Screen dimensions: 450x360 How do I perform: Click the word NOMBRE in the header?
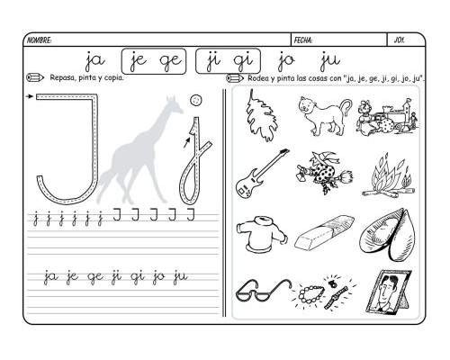(x=39, y=40)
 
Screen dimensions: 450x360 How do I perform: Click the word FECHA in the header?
(x=303, y=40)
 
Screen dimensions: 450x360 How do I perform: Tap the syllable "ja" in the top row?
(x=94, y=61)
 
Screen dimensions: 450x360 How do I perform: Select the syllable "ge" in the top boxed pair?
(x=170, y=61)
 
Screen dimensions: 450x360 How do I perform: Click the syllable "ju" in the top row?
(x=330, y=61)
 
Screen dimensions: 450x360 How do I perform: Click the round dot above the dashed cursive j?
(x=196, y=100)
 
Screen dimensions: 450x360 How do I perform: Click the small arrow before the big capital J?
(x=30, y=96)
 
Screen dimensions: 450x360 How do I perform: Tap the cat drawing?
(x=323, y=115)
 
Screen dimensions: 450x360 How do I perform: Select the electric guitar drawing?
(x=262, y=173)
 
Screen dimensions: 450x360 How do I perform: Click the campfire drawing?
(x=389, y=176)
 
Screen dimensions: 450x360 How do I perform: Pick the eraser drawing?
(x=324, y=232)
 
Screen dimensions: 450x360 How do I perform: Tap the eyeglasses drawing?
(x=263, y=290)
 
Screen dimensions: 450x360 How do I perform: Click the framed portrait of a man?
(x=389, y=292)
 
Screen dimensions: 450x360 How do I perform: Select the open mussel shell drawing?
(x=388, y=235)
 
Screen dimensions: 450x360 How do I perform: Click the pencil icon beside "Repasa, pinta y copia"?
(x=35, y=77)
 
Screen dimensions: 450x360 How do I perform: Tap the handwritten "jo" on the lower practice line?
(x=158, y=276)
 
